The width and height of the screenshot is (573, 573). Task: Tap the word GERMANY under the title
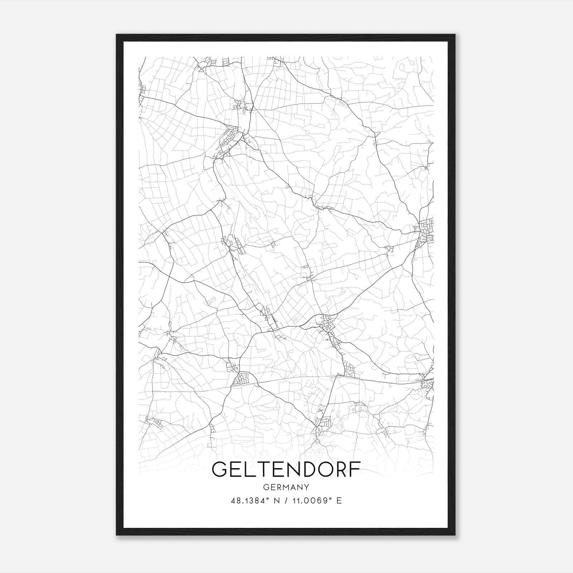tap(286, 487)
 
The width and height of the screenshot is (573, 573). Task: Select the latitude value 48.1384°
tap(250, 501)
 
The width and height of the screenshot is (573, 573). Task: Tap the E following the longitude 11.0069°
tap(339, 501)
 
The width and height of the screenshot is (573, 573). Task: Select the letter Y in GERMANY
tap(307, 487)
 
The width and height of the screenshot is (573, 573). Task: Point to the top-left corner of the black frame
tap(117, 35)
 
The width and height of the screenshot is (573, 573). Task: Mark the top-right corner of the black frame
tap(455, 35)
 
